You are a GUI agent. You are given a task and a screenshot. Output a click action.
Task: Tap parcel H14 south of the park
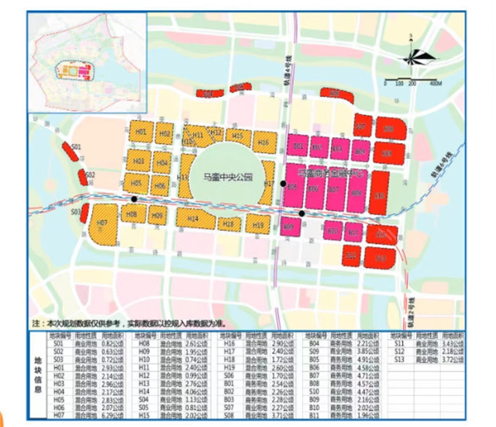click(x=194, y=219)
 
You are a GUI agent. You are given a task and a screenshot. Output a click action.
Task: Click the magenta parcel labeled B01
click(x=296, y=146)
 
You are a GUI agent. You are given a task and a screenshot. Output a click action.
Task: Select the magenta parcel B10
click(x=353, y=232)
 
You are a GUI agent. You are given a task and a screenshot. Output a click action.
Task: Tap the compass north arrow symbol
click(x=412, y=56)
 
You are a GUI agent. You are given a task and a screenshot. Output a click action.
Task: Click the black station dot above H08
click(x=135, y=199)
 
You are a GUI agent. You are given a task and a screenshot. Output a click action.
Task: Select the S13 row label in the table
click(x=400, y=361)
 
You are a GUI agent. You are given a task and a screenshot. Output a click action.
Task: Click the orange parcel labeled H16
click(x=263, y=143)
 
